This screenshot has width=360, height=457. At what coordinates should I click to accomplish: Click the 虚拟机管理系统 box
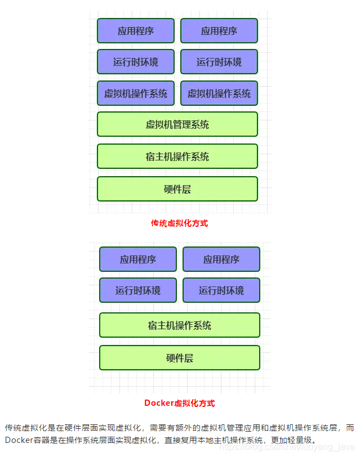177,124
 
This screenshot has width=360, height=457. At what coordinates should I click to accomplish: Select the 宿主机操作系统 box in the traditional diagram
177,156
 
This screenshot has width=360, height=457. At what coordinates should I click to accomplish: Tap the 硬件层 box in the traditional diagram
177,189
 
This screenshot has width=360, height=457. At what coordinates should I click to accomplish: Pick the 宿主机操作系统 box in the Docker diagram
180,325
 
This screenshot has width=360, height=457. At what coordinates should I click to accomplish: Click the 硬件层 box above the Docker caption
180,358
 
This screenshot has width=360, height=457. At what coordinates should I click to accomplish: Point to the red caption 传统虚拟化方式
179,223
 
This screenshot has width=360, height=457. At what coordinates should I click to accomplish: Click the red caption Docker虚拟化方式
179,403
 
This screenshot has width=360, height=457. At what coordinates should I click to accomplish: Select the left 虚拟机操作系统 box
136,93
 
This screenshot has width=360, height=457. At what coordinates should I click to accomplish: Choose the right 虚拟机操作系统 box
219,93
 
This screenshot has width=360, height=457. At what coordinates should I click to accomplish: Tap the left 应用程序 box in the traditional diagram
136,31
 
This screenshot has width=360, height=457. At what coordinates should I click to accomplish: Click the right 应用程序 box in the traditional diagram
219,31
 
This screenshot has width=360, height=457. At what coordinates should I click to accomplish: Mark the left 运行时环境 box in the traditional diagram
136,62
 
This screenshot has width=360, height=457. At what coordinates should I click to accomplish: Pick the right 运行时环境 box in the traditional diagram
219,62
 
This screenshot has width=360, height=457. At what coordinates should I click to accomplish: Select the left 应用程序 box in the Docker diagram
138,259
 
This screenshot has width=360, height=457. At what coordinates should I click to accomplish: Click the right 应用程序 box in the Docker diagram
221,259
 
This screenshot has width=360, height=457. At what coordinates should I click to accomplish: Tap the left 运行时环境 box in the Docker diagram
138,290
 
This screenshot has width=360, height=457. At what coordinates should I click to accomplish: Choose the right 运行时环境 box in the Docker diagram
221,290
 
